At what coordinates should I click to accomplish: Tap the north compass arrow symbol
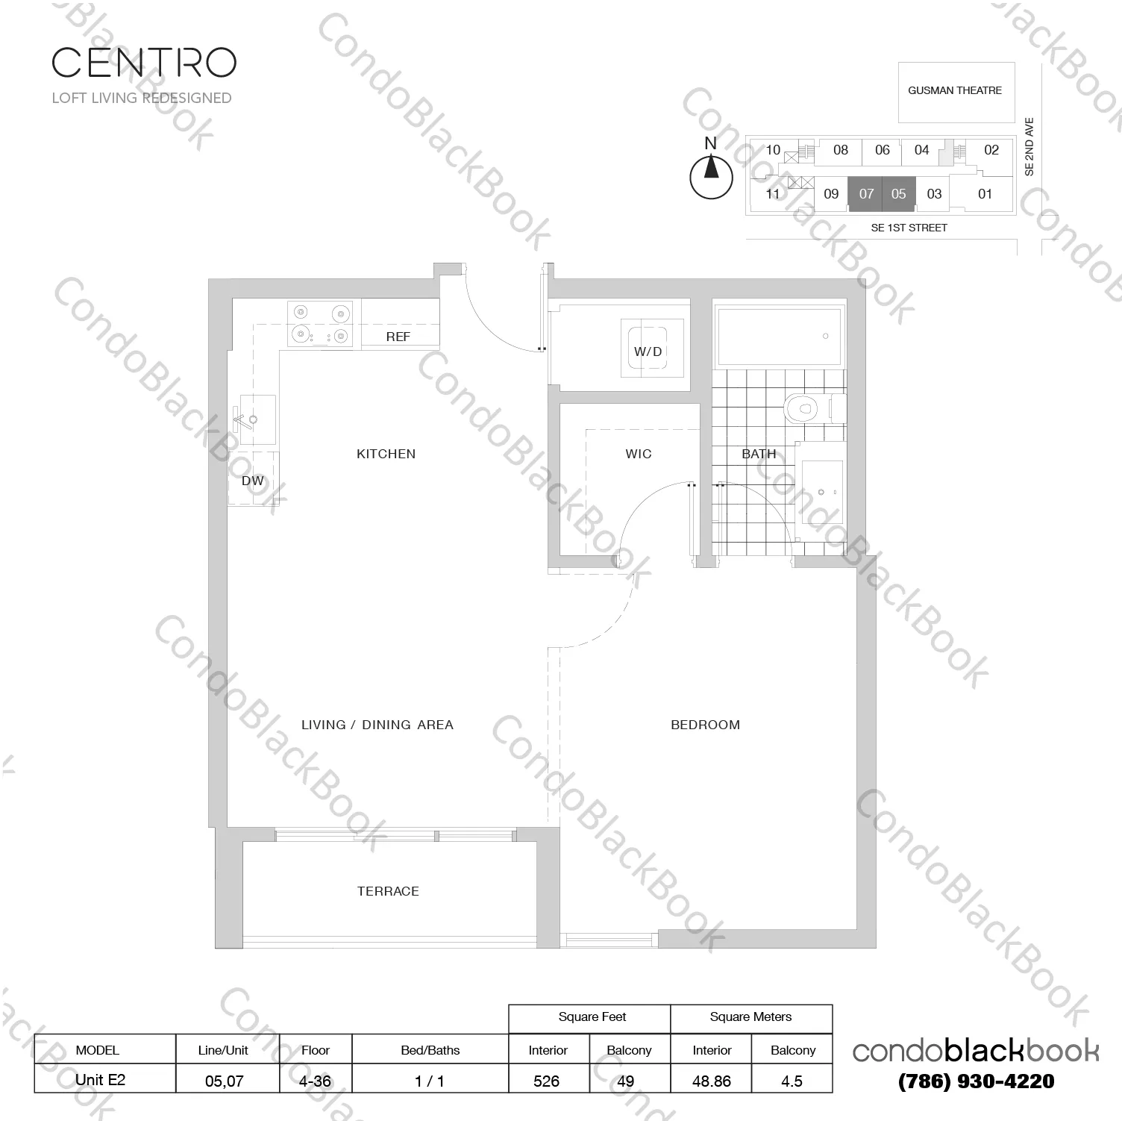click(x=711, y=169)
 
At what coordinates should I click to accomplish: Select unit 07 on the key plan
click(x=865, y=194)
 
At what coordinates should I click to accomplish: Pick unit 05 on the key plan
click(x=898, y=194)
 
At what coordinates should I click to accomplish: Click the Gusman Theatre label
click(x=955, y=91)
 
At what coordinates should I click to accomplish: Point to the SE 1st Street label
click(x=909, y=228)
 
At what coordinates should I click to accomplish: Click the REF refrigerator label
click(x=398, y=337)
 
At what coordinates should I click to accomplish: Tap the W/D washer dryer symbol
click(x=648, y=352)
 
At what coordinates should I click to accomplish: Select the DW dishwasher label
click(x=253, y=481)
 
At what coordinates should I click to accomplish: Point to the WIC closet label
click(x=639, y=454)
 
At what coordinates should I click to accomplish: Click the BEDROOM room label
click(x=705, y=725)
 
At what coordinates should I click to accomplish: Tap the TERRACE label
click(x=388, y=891)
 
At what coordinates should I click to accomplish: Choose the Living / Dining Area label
click(x=377, y=725)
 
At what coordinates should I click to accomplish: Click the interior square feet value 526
click(x=547, y=1081)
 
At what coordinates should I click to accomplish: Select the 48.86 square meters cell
click(x=712, y=1081)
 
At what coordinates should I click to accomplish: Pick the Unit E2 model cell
click(x=100, y=1079)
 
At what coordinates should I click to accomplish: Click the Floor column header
click(x=316, y=1050)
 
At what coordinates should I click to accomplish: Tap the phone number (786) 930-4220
click(x=976, y=1081)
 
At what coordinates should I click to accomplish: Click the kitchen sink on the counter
click(x=254, y=419)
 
